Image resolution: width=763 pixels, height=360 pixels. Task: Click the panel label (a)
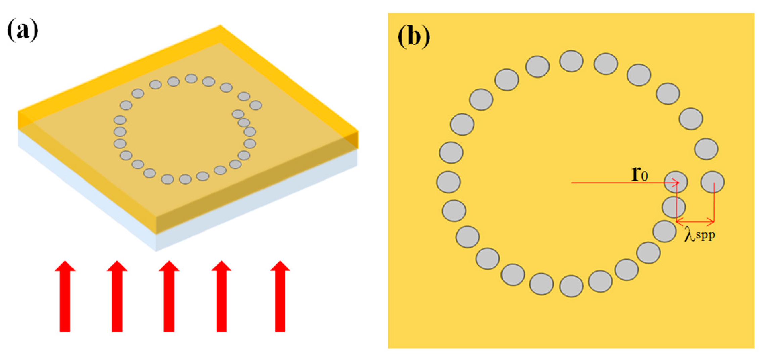tap(22, 31)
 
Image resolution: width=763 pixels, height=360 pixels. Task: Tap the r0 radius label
tap(639, 174)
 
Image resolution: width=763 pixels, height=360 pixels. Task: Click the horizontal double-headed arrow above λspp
tap(695, 221)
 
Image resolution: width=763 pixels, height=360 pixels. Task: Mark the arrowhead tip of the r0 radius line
tap(679, 183)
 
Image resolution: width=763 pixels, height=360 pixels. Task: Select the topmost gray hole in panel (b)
tap(571, 61)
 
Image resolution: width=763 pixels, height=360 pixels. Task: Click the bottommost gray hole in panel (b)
tap(571, 286)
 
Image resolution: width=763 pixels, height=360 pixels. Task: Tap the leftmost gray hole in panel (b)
tap(448, 182)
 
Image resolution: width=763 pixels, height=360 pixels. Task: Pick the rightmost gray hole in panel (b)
tap(712, 182)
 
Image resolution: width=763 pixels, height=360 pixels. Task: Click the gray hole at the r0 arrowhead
tap(676, 182)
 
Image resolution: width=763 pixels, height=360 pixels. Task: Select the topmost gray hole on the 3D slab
tap(191, 79)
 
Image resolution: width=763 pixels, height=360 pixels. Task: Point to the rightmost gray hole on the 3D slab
tap(256, 105)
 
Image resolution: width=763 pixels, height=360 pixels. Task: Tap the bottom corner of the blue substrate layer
tap(156, 250)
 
